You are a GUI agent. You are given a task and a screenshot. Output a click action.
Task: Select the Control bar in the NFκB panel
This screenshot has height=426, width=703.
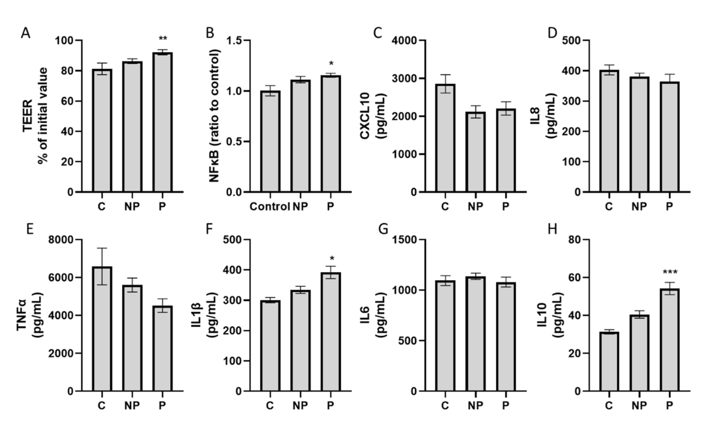click(x=270, y=141)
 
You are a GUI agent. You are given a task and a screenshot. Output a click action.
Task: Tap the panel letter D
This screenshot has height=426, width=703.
click(x=552, y=33)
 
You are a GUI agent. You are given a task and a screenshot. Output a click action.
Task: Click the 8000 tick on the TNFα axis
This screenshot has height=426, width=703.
click(x=61, y=240)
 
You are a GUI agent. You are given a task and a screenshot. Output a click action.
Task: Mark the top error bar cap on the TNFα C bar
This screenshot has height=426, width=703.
click(x=102, y=248)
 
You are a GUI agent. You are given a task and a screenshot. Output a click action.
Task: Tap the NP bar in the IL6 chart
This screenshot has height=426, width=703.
click(x=476, y=334)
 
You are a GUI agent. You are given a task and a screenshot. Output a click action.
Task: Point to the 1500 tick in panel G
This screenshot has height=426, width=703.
click(x=404, y=240)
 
